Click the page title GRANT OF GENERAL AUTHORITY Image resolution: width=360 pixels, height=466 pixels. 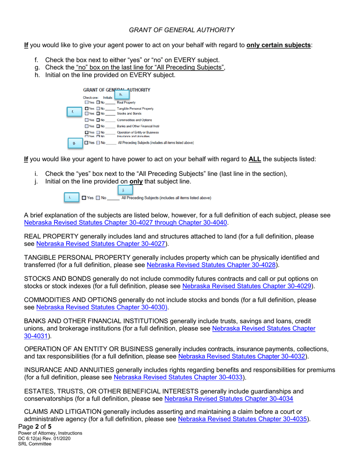point(182,30)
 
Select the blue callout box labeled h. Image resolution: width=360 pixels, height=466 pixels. point(121,94)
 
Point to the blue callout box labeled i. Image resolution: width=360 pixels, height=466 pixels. point(70,197)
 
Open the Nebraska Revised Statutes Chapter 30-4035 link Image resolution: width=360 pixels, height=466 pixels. point(242,419)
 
